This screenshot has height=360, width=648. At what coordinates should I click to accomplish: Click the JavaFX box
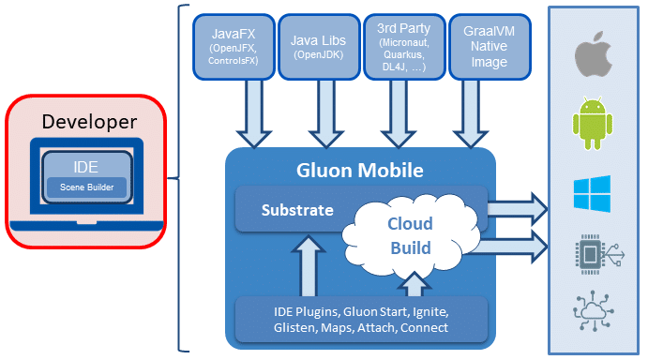click(234, 47)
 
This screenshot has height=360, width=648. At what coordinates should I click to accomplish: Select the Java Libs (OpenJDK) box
click(319, 47)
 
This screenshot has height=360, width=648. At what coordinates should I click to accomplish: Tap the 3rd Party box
click(404, 47)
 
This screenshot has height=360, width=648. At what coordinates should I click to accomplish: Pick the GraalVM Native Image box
click(490, 47)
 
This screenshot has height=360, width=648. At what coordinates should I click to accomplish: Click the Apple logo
click(594, 53)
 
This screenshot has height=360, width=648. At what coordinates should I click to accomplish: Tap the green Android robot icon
click(593, 123)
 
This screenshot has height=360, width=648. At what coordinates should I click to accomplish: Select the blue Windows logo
click(593, 193)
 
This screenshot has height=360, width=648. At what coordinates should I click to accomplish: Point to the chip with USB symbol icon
click(599, 255)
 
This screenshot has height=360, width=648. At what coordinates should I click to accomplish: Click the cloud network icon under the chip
click(594, 311)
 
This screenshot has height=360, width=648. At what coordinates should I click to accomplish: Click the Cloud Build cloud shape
click(411, 236)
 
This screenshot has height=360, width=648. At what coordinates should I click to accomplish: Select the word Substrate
click(297, 210)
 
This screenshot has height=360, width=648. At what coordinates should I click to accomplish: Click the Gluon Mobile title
click(360, 171)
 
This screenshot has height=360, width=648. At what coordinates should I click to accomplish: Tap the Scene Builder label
click(87, 187)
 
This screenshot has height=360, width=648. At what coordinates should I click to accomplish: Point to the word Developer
click(89, 122)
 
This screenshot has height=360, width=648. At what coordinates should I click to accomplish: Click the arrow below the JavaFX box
click(254, 113)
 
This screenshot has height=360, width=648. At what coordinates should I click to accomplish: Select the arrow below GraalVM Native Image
click(471, 113)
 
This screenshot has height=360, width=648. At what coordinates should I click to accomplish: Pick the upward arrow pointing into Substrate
click(309, 265)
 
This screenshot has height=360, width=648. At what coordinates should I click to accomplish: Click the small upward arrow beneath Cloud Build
click(414, 284)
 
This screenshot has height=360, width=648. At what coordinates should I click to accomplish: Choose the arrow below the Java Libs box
click(326, 113)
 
